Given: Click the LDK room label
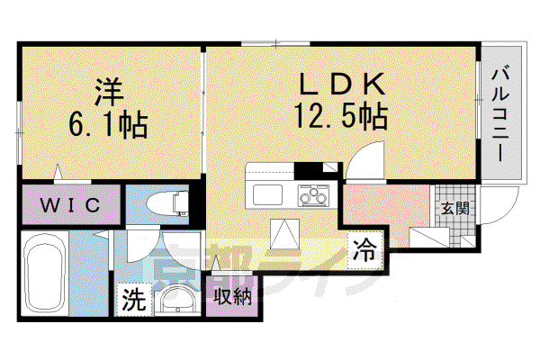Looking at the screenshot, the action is coord(342,84).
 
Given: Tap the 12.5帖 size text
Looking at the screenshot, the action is coord(340,116).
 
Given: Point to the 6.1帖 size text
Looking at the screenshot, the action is coord(108,125).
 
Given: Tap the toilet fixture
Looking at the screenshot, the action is coord(167,204).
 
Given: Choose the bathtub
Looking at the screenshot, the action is coord(45,274).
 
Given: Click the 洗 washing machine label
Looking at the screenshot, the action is coord(134,299).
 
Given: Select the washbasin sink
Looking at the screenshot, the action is coord(176,299).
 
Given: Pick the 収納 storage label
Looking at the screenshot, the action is coord(232,296).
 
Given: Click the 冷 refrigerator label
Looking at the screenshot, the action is coord(364,250).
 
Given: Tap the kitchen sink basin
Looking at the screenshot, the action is coord(267,194).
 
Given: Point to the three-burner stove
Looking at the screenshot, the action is coord(313,195).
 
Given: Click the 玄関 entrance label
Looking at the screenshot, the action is coord(455,209).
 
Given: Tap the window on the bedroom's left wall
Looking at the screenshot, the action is coord(20,132).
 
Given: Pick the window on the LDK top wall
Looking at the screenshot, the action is coord(275,44).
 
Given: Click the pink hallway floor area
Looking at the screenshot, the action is coord(386,209).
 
